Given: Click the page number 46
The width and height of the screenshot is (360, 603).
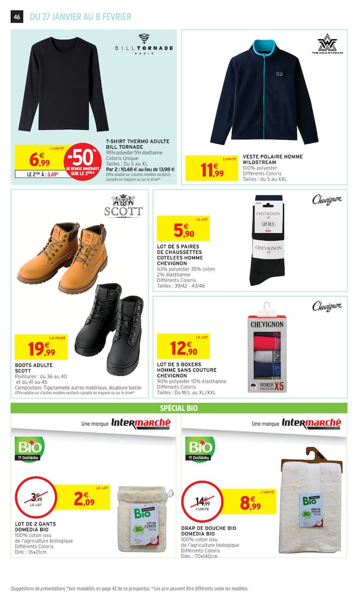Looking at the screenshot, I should (x=17, y=17).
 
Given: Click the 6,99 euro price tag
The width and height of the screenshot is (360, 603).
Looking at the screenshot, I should (x=39, y=160).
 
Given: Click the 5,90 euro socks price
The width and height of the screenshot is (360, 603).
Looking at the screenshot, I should (x=183, y=230).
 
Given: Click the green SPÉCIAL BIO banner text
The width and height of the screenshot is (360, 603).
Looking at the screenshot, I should (x=178, y=408).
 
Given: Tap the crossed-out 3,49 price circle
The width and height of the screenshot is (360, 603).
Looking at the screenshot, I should (x=35, y=498).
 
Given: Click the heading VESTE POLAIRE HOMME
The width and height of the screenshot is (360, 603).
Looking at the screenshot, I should (x=273, y=157).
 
